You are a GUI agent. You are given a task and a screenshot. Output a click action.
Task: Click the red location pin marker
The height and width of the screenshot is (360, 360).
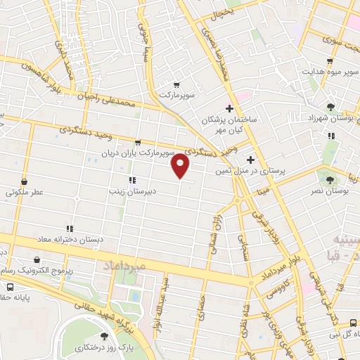[x=181, y=166]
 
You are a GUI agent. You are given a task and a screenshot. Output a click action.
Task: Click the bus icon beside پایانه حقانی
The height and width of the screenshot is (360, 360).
[x=11, y=287]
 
